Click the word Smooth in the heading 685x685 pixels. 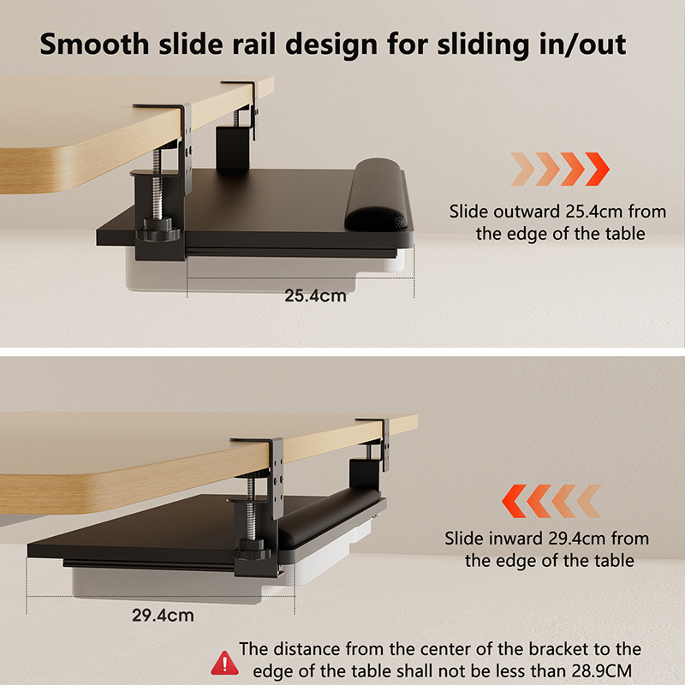pos(94,45)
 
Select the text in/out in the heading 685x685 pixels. pos(582,45)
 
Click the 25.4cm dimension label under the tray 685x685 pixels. pos(315,295)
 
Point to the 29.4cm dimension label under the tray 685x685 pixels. pos(163,616)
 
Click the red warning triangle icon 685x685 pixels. pos(224,663)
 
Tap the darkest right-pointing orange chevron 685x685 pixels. pos(597,169)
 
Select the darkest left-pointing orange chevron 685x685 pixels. pos(515,501)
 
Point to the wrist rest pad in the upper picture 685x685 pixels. pos(377,195)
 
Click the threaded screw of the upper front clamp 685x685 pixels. pos(158,184)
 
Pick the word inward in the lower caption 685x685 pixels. pos(515,539)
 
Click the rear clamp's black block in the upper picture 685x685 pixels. pos(233,147)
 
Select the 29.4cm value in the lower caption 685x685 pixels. pos(575,539)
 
